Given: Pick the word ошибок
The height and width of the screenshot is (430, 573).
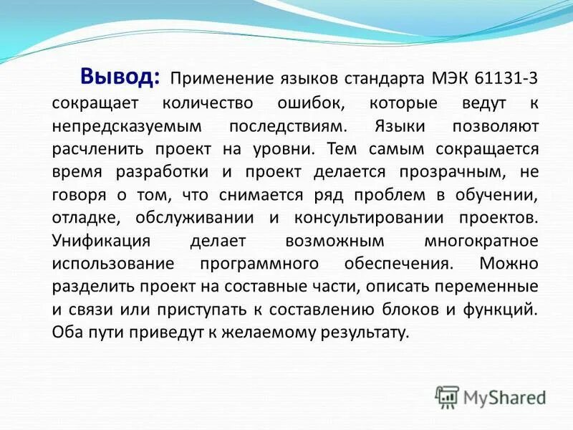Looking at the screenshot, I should [310, 102].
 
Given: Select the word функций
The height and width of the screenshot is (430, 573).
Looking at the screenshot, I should [503, 310].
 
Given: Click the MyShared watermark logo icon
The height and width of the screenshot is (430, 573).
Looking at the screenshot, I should [448, 396].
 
